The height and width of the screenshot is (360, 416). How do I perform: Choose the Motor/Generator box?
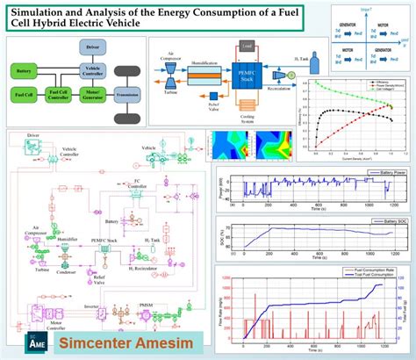coord(95,93)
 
